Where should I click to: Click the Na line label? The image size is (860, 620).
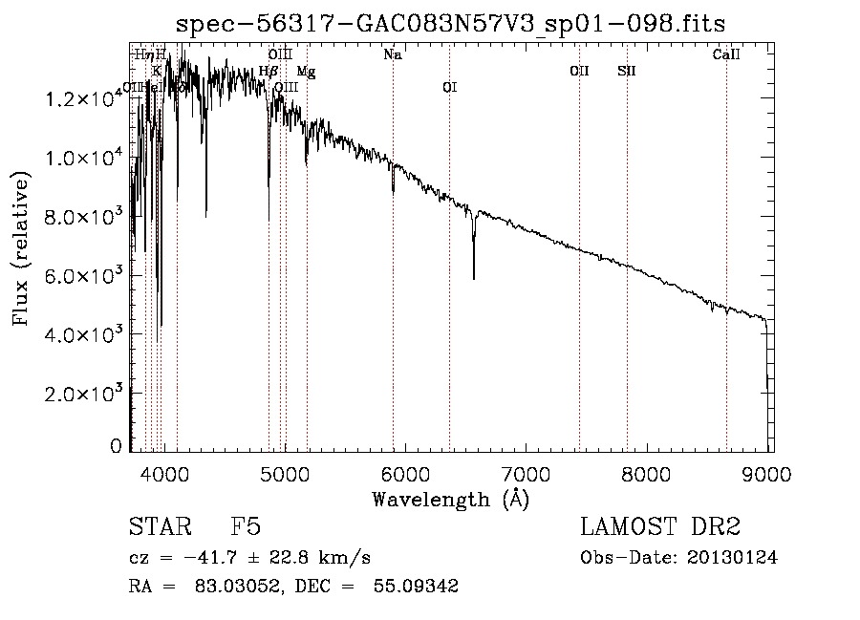coord(392,55)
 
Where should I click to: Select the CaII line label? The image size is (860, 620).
coord(726,55)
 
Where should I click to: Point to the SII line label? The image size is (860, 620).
coord(627,72)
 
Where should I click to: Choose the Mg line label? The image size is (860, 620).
coord(306,72)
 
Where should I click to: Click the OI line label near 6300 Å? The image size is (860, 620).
coord(449,88)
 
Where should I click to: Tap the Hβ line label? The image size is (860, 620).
coord(269,72)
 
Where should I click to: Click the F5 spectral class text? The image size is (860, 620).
coord(247,527)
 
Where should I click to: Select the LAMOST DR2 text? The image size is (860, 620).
coord(660,527)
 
